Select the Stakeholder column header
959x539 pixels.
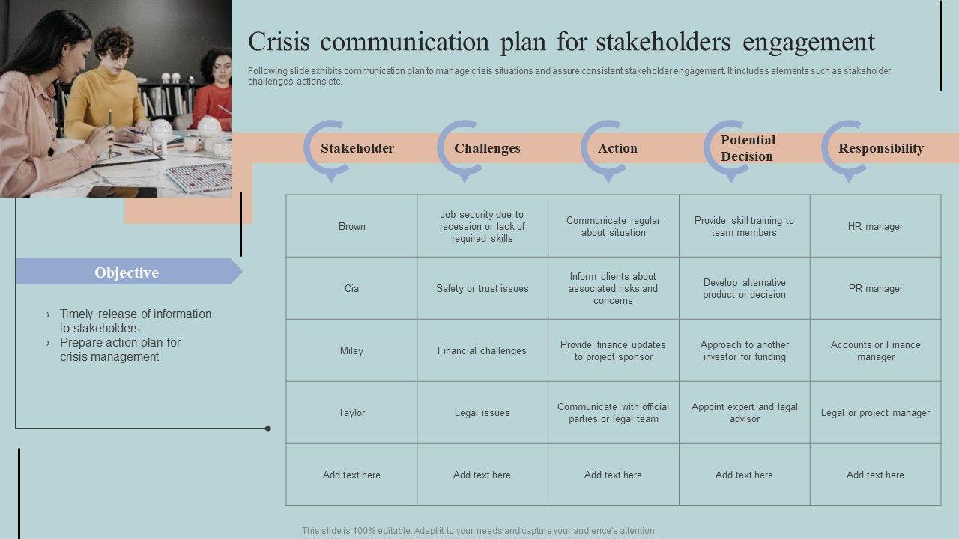pos(357,148)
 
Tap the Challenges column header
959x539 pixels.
pos(487,148)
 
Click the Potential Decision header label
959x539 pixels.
pos(748,148)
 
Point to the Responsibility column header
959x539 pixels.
pos(880,148)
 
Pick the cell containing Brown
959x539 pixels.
pos(351,226)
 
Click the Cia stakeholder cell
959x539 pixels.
pos(351,288)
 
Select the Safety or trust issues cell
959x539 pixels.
pos(482,288)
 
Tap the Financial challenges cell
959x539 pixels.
pos(482,350)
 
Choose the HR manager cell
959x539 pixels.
pos(875,226)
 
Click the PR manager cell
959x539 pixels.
pos(875,288)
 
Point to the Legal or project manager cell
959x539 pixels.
pos(875,412)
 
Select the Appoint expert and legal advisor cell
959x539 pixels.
pos(744,412)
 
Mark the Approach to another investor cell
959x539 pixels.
pos(744,350)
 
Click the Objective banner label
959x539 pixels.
pos(127,272)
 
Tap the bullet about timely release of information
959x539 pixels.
pos(135,320)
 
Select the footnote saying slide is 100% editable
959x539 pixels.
pos(479,530)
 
